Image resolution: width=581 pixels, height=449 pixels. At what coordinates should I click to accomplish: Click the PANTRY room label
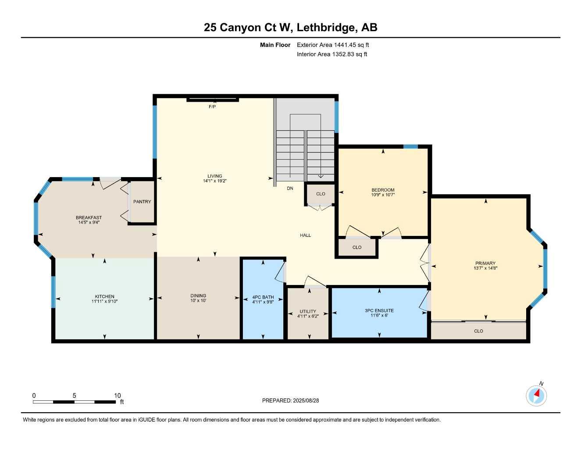click(142, 202)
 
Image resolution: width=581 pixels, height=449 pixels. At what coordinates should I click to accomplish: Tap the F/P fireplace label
click(212, 107)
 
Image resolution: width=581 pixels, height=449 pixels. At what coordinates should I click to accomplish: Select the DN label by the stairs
click(290, 188)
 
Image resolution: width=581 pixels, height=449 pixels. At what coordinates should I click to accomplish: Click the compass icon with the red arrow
click(536, 396)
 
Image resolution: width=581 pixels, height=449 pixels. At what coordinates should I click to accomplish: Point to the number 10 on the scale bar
click(118, 395)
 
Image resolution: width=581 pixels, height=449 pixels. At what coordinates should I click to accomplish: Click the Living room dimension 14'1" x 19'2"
click(215, 181)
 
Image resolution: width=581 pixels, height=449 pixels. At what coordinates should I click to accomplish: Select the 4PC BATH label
click(263, 297)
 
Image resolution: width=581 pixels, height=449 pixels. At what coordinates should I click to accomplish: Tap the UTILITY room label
click(308, 311)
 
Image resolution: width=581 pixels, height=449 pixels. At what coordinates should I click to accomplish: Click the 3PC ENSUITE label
click(379, 310)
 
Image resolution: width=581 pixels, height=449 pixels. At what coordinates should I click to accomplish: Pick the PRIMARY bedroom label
click(485, 263)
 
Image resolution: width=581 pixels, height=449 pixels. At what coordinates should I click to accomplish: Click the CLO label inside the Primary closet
click(478, 331)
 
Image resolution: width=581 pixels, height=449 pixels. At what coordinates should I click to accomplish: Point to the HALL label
click(305, 235)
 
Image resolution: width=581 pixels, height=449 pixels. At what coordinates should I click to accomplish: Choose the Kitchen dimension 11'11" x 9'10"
click(104, 301)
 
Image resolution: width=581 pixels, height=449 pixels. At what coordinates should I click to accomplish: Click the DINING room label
click(198, 296)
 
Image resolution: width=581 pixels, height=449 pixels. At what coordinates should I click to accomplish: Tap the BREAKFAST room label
click(89, 217)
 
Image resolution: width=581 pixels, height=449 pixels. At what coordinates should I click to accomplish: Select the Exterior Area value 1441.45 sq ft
click(351, 45)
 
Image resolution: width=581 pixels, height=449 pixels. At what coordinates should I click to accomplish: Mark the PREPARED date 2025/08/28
click(306, 401)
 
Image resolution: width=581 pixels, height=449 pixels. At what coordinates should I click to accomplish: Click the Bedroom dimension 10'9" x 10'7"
click(383, 195)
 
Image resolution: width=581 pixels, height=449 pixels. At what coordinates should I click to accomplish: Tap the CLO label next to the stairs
click(321, 194)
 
